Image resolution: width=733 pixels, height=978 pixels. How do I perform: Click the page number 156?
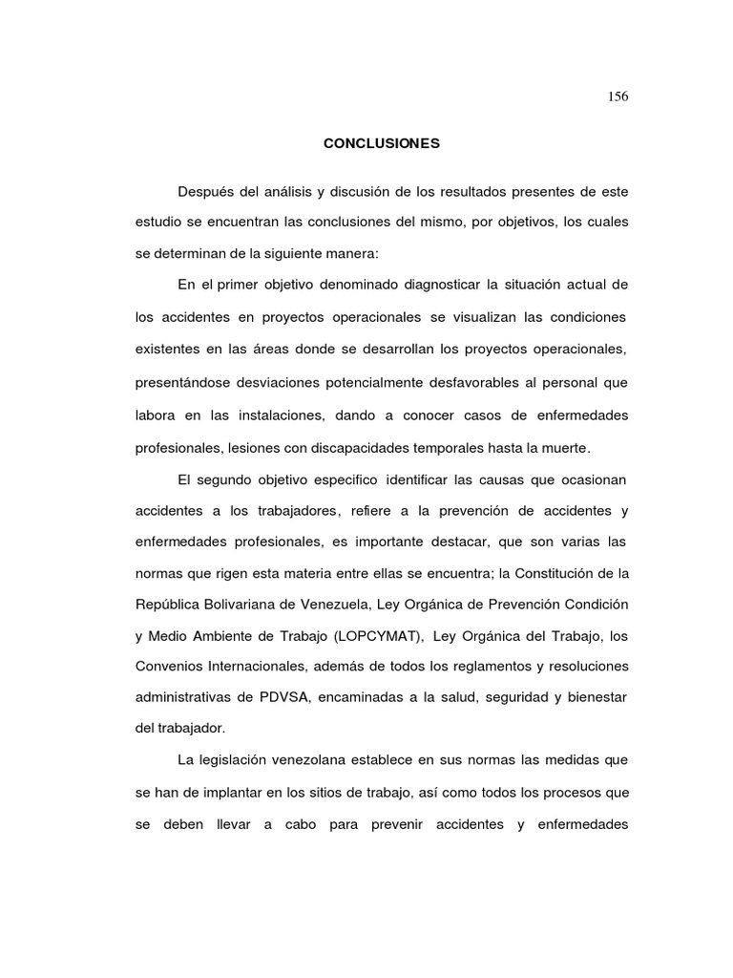618,96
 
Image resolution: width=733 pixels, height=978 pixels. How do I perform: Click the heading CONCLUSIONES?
381,143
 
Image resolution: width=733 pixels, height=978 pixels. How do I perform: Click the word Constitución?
569,573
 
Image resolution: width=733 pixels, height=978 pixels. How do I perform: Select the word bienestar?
596,697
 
